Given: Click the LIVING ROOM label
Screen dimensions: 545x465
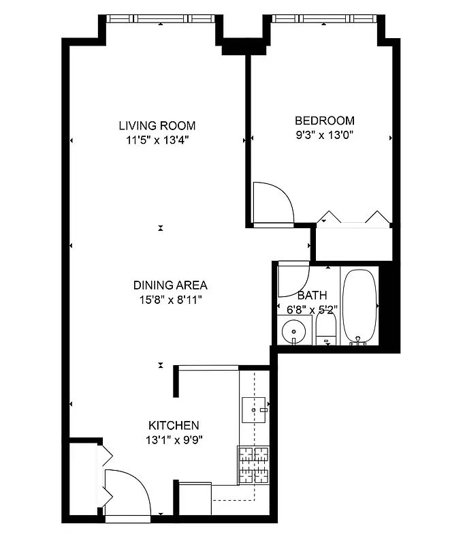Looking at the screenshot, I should click(x=157, y=125).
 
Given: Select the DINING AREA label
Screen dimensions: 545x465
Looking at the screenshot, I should click(x=170, y=285).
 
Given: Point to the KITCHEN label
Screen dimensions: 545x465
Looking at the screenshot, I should click(x=173, y=424).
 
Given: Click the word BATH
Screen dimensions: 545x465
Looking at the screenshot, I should click(x=312, y=296).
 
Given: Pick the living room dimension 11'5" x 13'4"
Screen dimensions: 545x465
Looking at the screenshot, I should click(x=157, y=140).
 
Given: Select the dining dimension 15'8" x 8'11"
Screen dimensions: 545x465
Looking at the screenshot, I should click(x=170, y=299).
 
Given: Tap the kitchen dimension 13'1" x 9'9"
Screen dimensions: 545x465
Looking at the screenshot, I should click(x=173, y=439).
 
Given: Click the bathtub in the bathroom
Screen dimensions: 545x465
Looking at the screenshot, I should click(x=359, y=306).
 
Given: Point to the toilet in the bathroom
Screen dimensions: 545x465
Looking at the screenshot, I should click(x=325, y=331).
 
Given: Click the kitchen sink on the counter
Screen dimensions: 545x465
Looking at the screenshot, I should click(x=255, y=409).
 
